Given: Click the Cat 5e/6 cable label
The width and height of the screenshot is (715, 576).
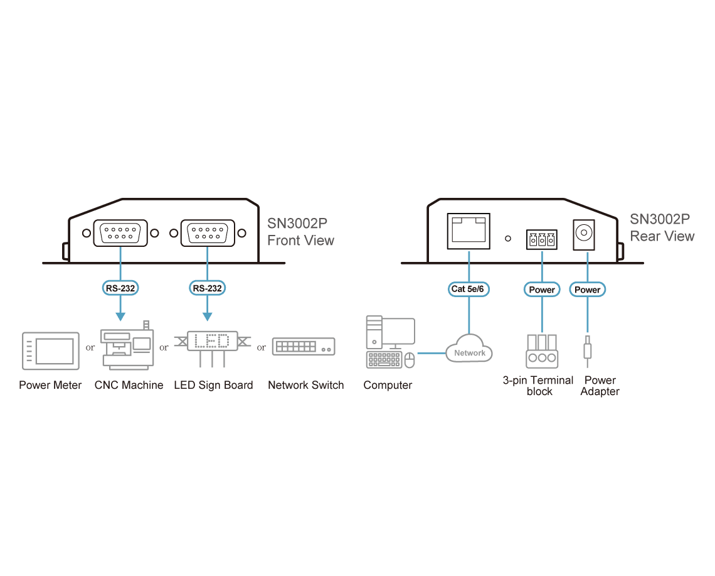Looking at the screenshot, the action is pyautogui.click(x=469, y=289).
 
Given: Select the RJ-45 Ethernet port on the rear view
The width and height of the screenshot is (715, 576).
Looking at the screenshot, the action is pyautogui.click(x=469, y=231).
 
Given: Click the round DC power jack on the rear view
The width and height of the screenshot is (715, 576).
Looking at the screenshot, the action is pyautogui.click(x=584, y=233).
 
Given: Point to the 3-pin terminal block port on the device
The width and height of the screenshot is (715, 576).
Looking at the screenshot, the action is pyautogui.click(x=541, y=239).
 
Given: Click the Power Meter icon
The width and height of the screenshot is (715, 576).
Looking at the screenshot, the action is pyautogui.click(x=51, y=350).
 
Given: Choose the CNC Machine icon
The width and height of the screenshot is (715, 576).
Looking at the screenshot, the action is pyautogui.click(x=127, y=345).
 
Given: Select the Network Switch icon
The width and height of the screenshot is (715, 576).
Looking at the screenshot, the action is pyautogui.click(x=304, y=347).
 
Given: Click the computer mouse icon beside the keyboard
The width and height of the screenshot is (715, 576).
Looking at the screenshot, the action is pyautogui.click(x=410, y=360).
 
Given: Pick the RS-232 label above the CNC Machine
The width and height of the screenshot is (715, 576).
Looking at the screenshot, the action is pyautogui.click(x=120, y=288).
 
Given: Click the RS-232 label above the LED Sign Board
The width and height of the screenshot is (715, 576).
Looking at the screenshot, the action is pyautogui.click(x=207, y=288).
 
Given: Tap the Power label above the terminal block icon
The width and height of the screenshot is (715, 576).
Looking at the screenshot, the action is pyautogui.click(x=542, y=290).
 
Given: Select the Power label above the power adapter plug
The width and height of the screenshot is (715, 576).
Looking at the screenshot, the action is pyautogui.click(x=587, y=290).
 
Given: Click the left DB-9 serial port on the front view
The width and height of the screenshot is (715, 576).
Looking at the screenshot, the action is pyautogui.click(x=120, y=233).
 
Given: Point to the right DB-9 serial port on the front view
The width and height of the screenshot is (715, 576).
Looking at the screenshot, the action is pyautogui.click(x=208, y=233).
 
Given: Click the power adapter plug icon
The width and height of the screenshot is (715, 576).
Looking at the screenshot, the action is pyautogui.click(x=587, y=350).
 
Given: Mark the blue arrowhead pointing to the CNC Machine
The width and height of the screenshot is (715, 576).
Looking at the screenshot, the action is pyautogui.click(x=120, y=317).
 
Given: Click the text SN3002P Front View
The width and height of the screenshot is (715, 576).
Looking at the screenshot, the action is pyautogui.click(x=300, y=232).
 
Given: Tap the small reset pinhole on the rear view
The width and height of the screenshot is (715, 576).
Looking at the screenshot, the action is pyautogui.click(x=508, y=239).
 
